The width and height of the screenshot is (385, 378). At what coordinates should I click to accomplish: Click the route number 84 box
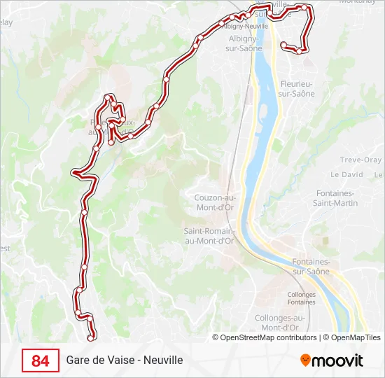click(41, 360)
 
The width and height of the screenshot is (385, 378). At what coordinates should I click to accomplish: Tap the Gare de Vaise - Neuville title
click(125, 360)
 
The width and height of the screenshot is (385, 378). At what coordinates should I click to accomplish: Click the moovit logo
click(332, 360)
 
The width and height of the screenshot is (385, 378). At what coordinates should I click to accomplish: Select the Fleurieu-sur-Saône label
click(295, 88)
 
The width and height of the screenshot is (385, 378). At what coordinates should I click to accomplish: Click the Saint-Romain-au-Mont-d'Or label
click(209, 235)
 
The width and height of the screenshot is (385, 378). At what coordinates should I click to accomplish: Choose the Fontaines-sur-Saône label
click(310, 266)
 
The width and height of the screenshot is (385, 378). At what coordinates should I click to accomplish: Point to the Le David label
click(347, 174)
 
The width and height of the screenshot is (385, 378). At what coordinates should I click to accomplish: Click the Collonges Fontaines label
click(302, 298)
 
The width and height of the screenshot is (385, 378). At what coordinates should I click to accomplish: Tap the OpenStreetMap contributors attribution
click(264, 337)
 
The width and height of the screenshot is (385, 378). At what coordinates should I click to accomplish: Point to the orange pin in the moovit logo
click(305, 360)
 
